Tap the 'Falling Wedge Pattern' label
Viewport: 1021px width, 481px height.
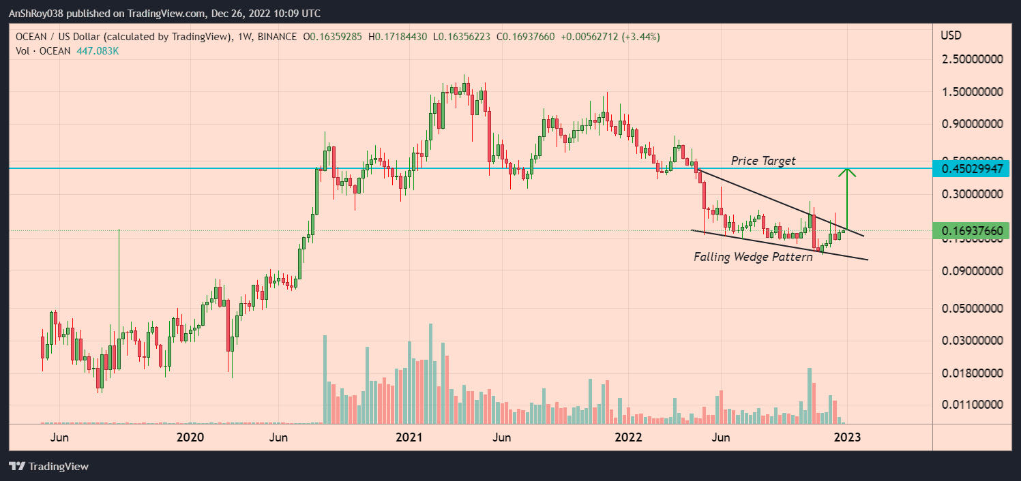point(753,257)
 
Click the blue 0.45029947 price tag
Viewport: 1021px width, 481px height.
point(972,168)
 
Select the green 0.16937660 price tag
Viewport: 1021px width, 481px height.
point(972,231)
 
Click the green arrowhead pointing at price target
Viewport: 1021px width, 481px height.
point(847,173)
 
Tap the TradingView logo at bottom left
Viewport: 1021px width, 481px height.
point(48,467)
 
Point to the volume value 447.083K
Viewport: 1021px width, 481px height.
point(98,51)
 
